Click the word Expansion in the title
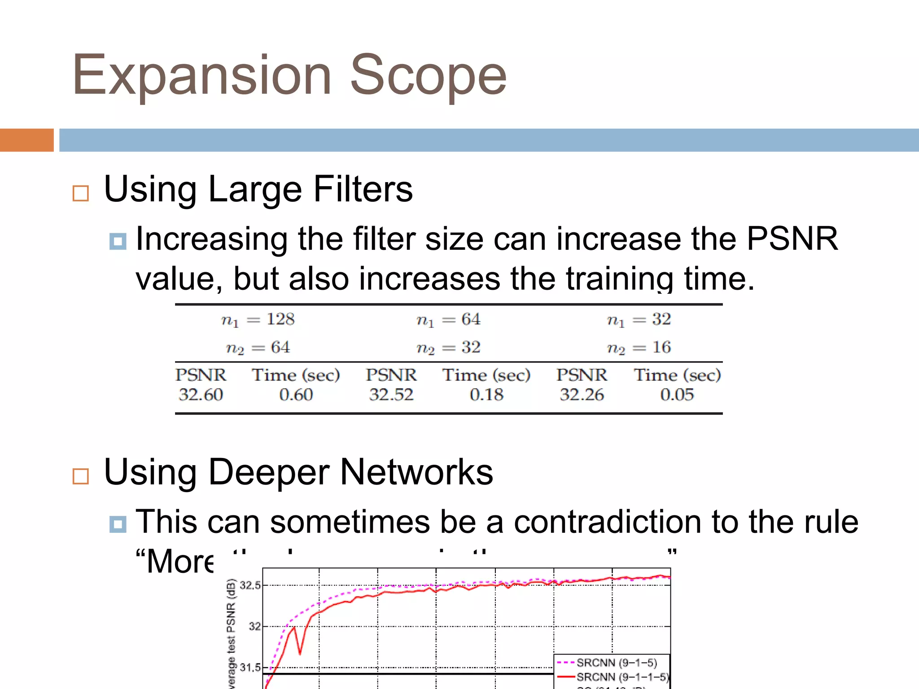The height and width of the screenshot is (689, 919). (x=202, y=75)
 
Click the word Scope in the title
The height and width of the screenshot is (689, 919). (x=428, y=75)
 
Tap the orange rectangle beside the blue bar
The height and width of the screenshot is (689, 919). (x=26, y=140)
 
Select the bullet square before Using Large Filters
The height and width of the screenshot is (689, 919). (x=81, y=193)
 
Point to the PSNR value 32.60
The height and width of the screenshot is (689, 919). (x=201, y=395)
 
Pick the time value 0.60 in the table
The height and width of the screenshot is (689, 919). (x=296, y=395)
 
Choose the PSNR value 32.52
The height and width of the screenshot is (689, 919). (x=391, y=395)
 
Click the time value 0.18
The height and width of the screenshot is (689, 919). (x=486, y=395)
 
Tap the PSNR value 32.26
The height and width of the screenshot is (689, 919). (x=582, y=395)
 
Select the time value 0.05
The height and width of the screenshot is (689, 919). (x=677, y=395)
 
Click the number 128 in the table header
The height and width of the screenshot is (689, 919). (x=280, y=319)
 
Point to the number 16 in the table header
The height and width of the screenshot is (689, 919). (x=661, y=347)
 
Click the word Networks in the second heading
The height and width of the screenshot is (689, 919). (x=416, y=472)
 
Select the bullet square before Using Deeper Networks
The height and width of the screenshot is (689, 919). (x=81, y=476)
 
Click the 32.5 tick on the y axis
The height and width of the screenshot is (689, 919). (x=250, y=585)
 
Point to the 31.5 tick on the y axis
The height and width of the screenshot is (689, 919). (x=250, y=667)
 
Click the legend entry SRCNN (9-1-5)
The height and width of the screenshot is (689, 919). (x=617, y=663)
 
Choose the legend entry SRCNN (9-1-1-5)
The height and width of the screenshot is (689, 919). (x=622, y=676)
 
